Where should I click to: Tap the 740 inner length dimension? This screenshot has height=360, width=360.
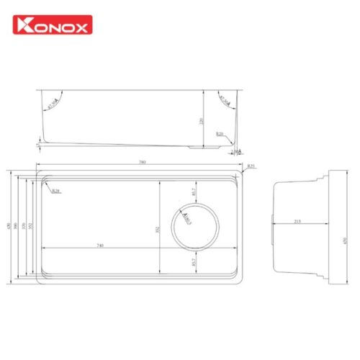[x=99, y=247]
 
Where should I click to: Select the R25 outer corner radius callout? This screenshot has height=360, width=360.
[x=251, y=166]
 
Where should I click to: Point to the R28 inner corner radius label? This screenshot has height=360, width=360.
[x=55, y=192]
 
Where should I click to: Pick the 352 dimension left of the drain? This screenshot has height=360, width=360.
[x=157, y=230]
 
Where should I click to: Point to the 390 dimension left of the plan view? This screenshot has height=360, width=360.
[x=18, y=228]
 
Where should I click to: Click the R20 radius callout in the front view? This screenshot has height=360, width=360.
[x=219, y=135]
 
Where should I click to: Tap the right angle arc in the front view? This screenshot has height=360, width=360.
[x=222, y=102]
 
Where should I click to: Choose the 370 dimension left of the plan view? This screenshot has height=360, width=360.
[x=24, y=228]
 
